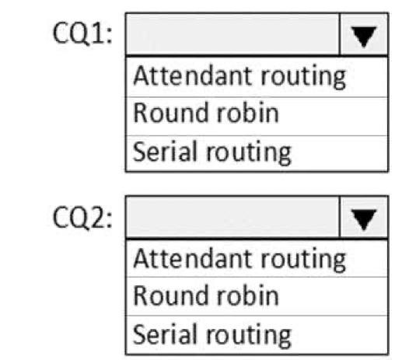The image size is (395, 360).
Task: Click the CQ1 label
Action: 82,33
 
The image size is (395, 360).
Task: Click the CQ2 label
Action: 82,217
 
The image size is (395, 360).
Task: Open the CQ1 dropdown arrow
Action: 363,34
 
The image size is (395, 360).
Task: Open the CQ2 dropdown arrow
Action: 363,217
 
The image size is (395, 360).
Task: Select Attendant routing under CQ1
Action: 239,76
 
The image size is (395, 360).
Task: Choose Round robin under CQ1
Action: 206,113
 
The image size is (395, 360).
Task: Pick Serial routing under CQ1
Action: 212,152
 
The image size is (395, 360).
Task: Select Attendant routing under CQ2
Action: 239,259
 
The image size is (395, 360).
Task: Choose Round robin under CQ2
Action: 206,295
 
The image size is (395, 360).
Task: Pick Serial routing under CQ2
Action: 212,335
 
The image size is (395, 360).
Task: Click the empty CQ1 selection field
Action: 232,34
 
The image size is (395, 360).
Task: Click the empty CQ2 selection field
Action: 232,217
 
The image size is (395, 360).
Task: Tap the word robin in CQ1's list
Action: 248,113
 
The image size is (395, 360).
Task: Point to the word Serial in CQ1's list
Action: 164,151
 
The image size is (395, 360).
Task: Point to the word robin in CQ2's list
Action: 248,295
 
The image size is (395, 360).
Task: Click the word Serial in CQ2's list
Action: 164,334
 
